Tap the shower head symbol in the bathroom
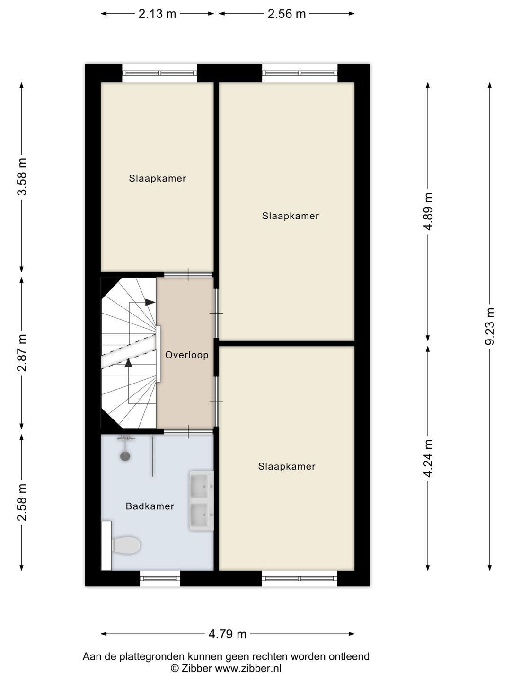tap(125, 456)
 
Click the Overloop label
tap(186, 355)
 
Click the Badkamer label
tap(150, 506)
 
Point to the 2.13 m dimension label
tap(157, 14)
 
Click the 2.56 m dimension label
tap(287, 14)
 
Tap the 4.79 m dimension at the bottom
tap(228, 634)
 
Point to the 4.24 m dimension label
tap(428, 458)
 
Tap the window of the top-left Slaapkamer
tap(159, 73)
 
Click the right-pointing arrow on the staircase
tap(150, 302)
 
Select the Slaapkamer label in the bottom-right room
tap(287, 466)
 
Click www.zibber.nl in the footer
tap(248, 668)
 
